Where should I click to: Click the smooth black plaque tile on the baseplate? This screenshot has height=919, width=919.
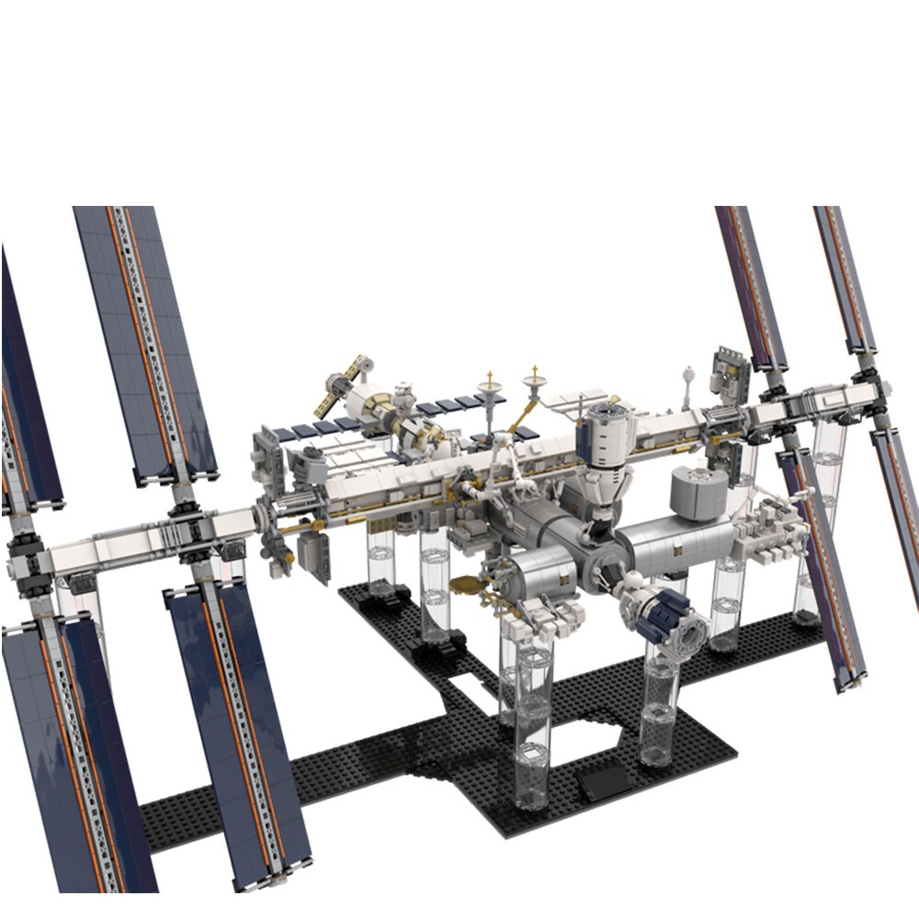coord(602,782)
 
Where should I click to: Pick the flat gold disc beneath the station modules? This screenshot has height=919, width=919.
coord(467,584)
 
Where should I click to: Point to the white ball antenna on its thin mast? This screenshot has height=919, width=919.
coord(687,374)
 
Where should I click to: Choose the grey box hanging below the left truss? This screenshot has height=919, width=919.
coord(312,556)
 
